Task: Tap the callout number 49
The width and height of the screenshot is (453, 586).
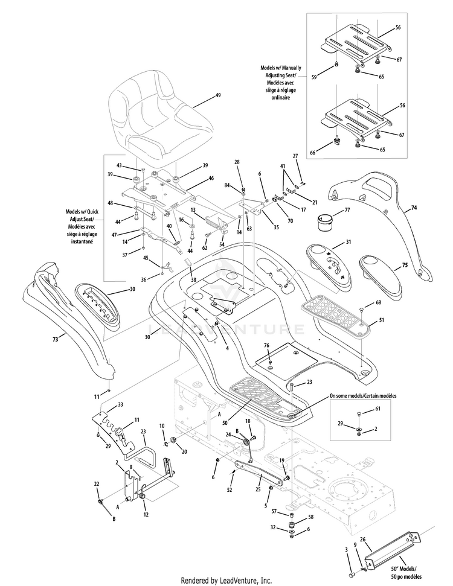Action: (x=218, y=95)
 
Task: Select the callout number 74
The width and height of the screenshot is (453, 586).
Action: (x=414, y=208)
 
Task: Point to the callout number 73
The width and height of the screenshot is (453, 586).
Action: (x=55, y=340)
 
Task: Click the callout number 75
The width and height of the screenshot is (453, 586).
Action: (x=405, y=265)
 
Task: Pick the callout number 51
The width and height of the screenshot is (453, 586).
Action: (x=381, y=320)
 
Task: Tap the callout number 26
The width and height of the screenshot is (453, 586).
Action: (x=362, y=539)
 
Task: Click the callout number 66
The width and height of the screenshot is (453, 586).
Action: (x=313, y=153)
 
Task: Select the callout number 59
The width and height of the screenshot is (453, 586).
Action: (x=314, y=77)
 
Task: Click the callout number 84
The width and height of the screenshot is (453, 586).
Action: (x=227, y=185)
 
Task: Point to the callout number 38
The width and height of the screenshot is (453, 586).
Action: (x=193, y=279)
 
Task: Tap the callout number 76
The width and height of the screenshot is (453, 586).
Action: (x=266, y=346)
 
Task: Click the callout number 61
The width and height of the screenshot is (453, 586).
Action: (x=378, y=409)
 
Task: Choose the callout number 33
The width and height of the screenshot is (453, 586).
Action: (x=120, y=404)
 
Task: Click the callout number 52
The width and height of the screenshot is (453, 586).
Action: (x=230, y=489)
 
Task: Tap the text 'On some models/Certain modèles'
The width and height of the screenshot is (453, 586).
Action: (x=363, y=395)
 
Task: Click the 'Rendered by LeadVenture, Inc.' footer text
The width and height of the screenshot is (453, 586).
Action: (x=226, y=581)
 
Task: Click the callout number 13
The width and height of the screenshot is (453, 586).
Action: (x=193, y=210)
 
